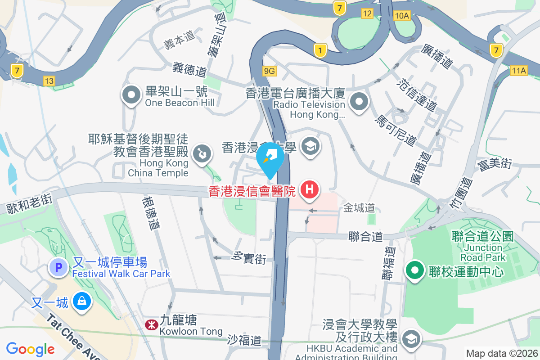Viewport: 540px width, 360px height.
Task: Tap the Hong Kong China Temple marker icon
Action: [x=200, y=154]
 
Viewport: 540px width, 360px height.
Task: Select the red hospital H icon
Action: [x=310, y=189]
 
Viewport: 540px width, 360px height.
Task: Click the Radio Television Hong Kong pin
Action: [x=359, y=102]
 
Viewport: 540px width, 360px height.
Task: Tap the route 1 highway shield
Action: [x=320, y=50]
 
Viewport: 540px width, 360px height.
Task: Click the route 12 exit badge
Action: [x=367, y=13]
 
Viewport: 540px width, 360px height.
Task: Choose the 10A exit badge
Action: [x=401, y=16]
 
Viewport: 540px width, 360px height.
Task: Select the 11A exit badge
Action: [x=518, y=71]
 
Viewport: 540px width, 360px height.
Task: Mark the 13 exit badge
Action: [x=49, y=81]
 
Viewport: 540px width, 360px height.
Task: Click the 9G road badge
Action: [x=269, y=71]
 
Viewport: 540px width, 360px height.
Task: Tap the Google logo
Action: [x=30, y=349]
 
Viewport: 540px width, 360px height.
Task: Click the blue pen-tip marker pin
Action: [x=270, y=158]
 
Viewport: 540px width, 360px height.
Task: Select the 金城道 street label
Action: [x=359, y=208]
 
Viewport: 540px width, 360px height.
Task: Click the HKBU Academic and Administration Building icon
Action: [x=410, y=340]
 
